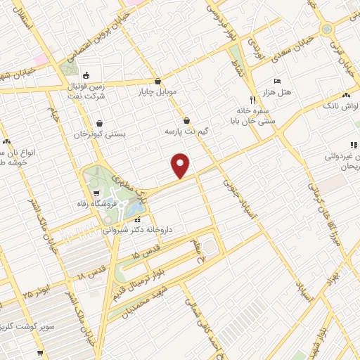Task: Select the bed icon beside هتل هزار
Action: (276, 82)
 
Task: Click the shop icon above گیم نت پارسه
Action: (186, 120)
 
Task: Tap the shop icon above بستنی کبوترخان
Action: (99, 122)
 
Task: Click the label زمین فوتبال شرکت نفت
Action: (87, 89)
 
